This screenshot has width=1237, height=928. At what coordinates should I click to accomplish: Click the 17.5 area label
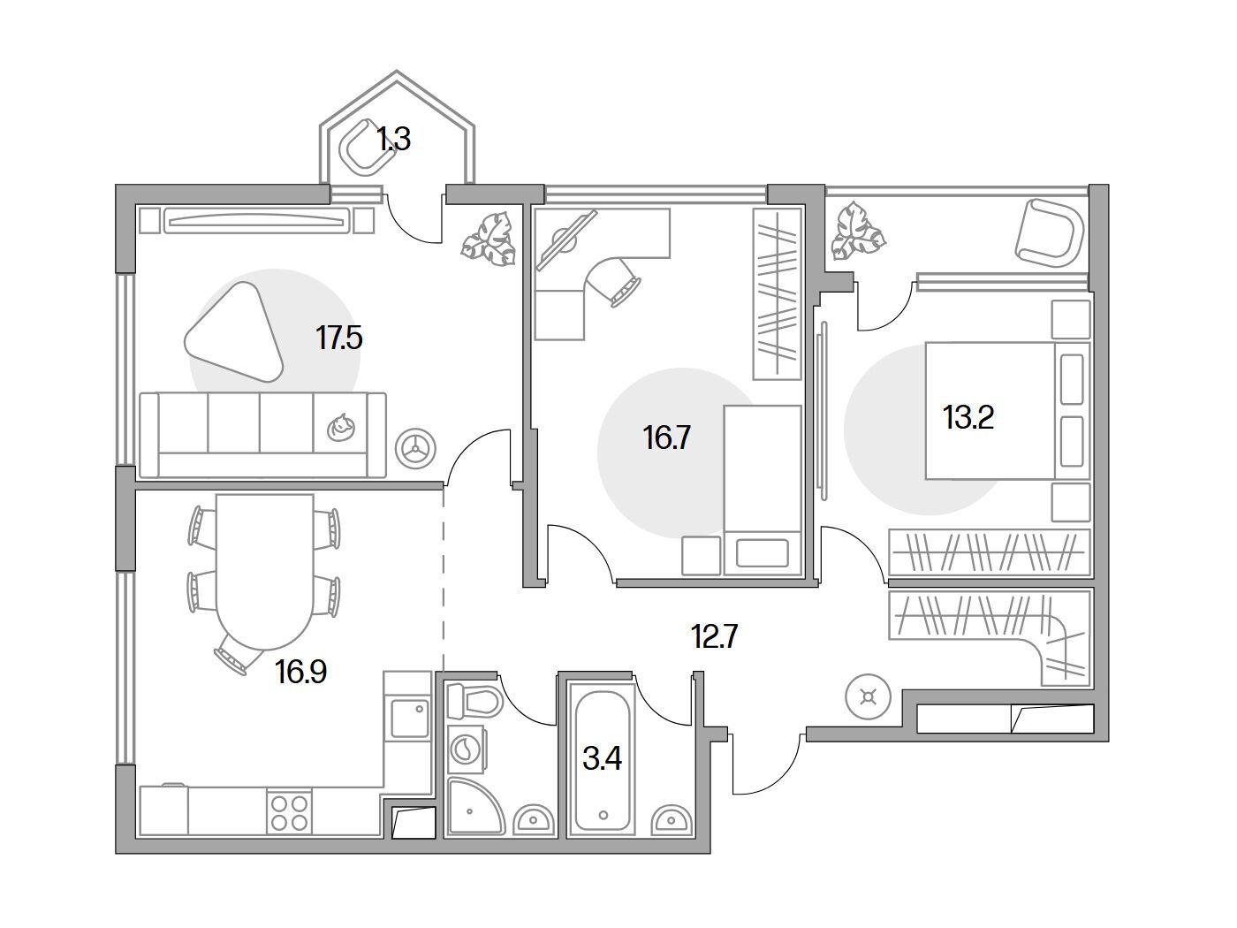click(x=339, y=338)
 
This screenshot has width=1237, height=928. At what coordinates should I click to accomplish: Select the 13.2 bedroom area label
click(x=968, y=417)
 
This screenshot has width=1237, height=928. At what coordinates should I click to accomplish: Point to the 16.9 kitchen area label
click(x=300, y=673)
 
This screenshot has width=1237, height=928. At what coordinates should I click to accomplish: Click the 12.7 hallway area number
click(x=714, y=635)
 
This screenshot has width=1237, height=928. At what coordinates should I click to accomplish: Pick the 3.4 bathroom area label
click(x=602, y=757)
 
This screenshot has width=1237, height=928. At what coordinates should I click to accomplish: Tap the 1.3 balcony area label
click(x=393, y=140)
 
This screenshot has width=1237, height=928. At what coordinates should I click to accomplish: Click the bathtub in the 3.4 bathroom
click(x=603, y=756)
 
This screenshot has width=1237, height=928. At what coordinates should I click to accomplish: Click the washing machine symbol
click(x=465, y=750)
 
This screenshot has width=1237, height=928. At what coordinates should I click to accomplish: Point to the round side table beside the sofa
click(x=414, y=448)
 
